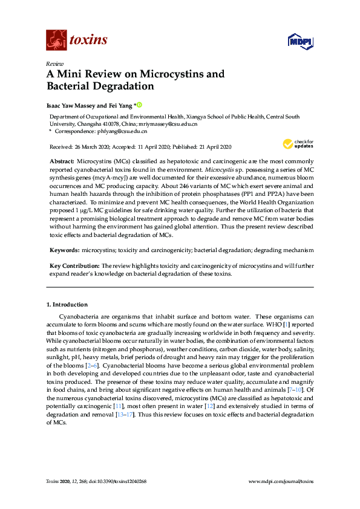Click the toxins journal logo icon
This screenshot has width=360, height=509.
55,40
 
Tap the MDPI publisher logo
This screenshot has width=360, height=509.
300,41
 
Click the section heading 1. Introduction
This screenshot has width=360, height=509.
67,305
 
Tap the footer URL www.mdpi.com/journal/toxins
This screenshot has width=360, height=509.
281,481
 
